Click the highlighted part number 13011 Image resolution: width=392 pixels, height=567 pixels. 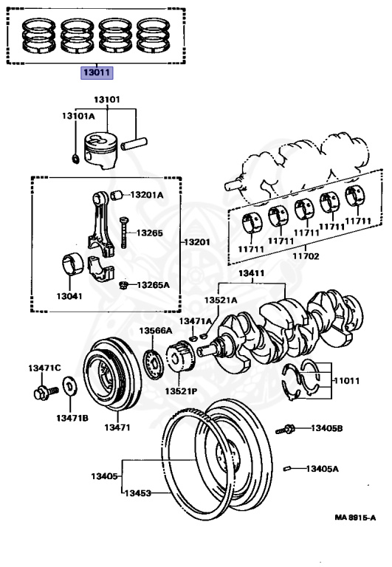click(97, 72)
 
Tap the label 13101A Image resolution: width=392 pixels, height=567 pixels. click(78, 116)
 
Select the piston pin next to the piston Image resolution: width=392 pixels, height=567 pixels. click(134, 143)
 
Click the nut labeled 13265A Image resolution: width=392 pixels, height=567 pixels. click(123, 285)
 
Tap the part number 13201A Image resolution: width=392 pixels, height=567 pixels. click(147, 195)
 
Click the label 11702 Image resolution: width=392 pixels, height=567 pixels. click(306, 256)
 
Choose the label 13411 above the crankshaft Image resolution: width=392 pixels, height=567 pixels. click(251, 273)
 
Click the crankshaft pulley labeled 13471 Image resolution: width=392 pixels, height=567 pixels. click(112, 374)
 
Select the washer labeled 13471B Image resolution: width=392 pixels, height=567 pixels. click(69, 386)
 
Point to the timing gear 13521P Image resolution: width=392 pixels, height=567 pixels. click(180, 357)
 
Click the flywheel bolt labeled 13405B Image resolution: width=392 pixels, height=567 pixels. click(285, 430)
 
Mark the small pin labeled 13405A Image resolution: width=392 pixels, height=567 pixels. click(287, 469)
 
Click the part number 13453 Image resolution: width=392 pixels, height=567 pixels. click(138, 493)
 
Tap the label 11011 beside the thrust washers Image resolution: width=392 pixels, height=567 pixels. click(346, 381)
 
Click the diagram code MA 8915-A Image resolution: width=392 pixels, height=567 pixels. click(355, 518)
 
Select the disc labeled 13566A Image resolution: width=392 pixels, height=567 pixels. click(154, 365)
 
